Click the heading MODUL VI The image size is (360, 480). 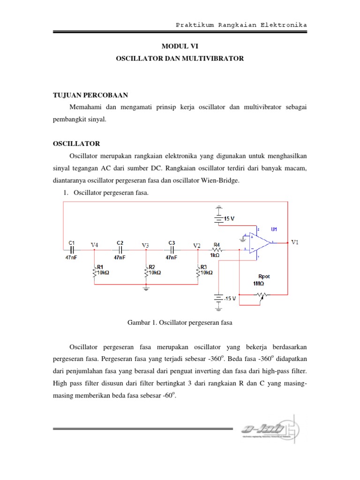pyautogui.click(x=180, y=47)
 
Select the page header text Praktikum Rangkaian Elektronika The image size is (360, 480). pyautogui.click(x=241, y=24)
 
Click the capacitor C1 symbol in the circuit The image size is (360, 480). pyautogui.click(x=72, y=249)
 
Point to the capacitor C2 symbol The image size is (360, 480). pyautogui.click(x=120, y=249)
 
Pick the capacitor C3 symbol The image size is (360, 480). pyautogui.click(x=172, y=249)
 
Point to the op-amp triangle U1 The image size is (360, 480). pyautogui.click(x=261, y=243)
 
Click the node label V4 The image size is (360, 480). pyautogui.click(x=95, y=245)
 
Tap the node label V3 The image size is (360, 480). pyautogui.click(x=146, y=245)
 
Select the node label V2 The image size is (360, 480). pyautogui.click(x=197, y=245)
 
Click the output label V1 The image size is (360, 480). pyautogui.click(x=295, y=242)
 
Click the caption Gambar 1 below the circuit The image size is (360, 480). pyautogui.click(x=180, y=322)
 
